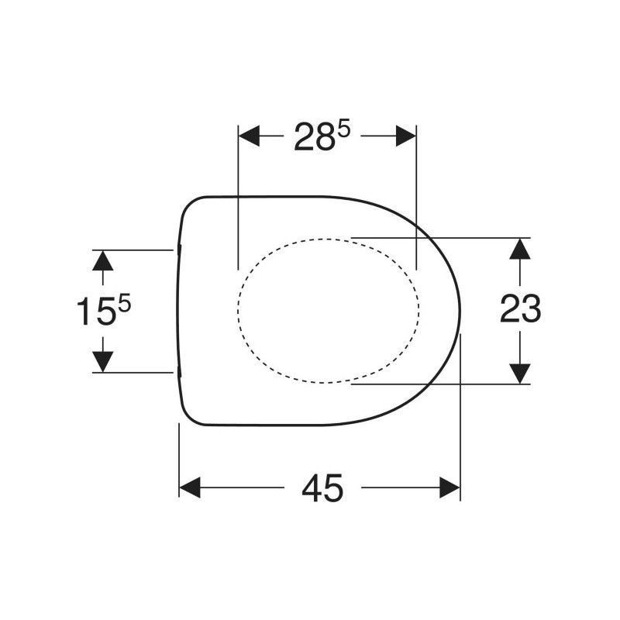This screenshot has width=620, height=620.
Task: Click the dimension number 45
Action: point(322,487)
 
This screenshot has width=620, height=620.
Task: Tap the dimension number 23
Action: point(520,308)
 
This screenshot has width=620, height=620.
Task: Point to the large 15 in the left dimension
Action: point(95,312)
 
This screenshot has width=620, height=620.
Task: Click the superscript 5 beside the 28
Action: point(344,129)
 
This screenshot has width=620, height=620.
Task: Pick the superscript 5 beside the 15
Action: point(124,305)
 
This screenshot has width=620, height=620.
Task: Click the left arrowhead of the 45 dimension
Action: point(190,487)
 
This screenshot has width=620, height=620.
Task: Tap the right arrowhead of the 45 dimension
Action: point(450,487)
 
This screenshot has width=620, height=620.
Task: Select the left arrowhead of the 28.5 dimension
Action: point(249,136)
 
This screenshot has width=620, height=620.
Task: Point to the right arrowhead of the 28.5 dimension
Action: point(406,136)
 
